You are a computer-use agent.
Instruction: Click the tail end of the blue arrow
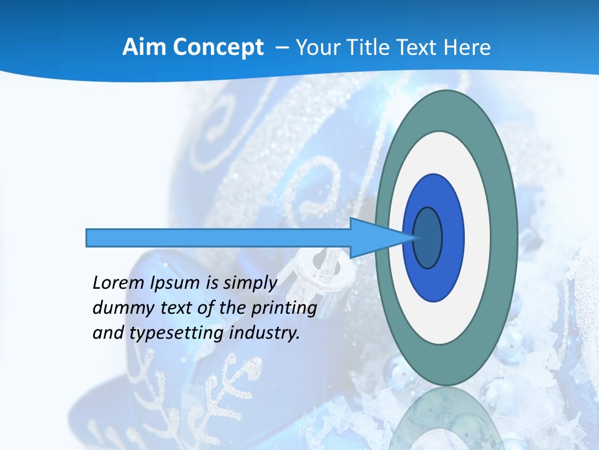(87, 237)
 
